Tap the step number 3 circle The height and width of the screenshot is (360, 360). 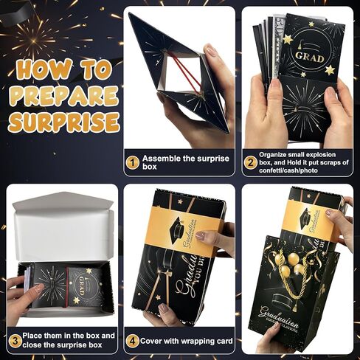[14, 339]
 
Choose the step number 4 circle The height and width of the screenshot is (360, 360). [132, 340]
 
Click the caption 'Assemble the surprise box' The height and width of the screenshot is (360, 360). [176, 163]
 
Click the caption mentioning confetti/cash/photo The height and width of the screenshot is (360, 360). [299, 163]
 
